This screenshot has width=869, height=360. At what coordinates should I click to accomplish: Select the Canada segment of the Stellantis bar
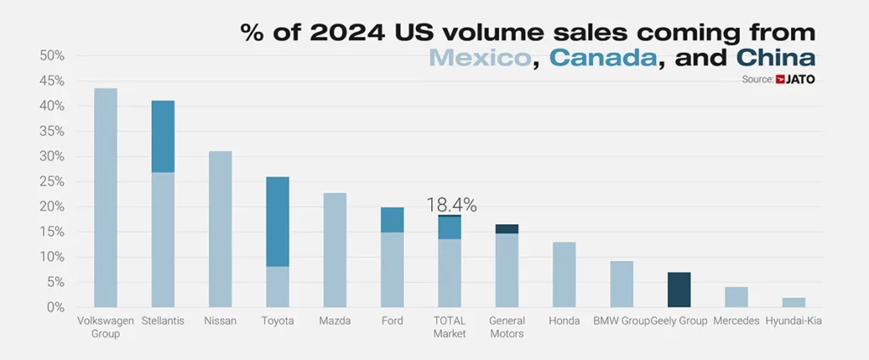(163, 137)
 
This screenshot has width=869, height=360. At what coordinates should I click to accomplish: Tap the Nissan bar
(220, 229)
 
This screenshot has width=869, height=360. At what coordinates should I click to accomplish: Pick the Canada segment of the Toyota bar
(278, 222)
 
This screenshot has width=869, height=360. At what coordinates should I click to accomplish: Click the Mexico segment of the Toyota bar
(278, 287)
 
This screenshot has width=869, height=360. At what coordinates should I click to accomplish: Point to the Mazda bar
(335, 250)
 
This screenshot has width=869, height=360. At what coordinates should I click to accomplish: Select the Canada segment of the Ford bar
(392, 220)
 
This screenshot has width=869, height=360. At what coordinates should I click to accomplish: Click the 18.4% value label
(451, 205)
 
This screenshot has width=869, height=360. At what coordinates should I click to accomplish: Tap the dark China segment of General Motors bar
(507, 229)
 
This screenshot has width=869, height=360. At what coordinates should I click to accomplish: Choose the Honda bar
(564, 274)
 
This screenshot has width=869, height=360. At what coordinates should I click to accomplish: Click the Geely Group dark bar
(679, 290)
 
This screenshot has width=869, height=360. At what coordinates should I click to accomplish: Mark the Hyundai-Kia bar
(793, 302)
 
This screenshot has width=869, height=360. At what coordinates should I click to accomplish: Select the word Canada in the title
(604, 58)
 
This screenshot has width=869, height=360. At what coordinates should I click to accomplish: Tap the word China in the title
(776, 58)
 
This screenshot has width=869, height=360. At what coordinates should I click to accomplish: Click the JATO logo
(800, 79)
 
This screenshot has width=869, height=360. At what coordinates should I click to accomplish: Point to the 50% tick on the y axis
(53, 56)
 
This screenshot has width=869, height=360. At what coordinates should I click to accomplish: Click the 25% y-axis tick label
(53, 182)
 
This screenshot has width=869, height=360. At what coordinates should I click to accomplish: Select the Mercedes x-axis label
(736, 321)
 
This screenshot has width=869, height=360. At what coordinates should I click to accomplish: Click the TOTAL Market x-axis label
(450, 327)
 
